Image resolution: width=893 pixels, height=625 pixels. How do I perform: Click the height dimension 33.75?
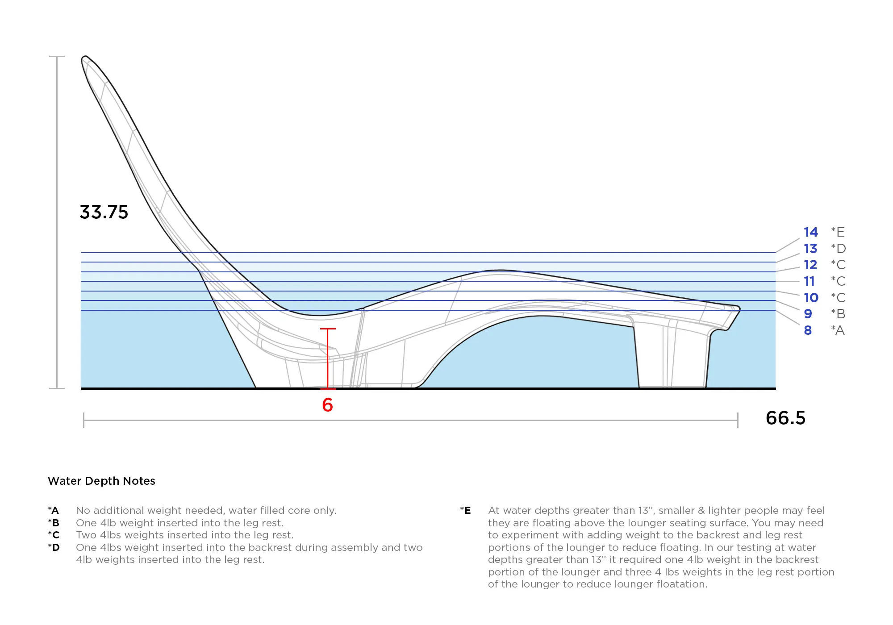[x=104, y=212]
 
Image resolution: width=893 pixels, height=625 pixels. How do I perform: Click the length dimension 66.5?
[x=785, y=418]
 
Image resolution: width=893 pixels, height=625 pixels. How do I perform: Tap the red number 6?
[x=328, y=405]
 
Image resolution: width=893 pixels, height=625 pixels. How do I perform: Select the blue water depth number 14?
[x=811, y=232]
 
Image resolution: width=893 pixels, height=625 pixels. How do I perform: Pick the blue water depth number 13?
[x=811, y=249]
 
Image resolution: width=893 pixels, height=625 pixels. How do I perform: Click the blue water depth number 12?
[x=811, y=265]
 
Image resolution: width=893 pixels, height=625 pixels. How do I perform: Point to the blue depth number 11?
[x=810, y=281]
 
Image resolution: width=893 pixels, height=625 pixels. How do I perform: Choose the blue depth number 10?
[x=811, y=298]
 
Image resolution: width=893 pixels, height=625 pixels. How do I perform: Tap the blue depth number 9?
[x=808, y=314]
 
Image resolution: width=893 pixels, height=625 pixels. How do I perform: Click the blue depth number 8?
[x=808, y=330]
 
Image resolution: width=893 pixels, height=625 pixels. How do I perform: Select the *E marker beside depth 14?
[x=838, y=232]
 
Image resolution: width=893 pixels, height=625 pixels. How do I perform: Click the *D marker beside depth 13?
[x=838, y=249]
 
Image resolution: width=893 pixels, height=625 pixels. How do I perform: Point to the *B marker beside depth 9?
[x=838, y=314]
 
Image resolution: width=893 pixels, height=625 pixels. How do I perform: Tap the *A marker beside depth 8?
[x=838, y=330]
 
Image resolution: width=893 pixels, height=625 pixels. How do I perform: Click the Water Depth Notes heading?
[x=101, y=481]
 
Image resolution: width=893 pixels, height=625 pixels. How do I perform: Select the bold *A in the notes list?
[x=54, y=510]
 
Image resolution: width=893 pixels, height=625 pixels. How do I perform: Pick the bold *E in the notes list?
[x=466, y=510]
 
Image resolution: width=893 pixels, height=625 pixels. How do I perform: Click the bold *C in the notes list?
[x=54, y=535]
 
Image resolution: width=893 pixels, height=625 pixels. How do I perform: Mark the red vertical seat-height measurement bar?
[x=328, y=359]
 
